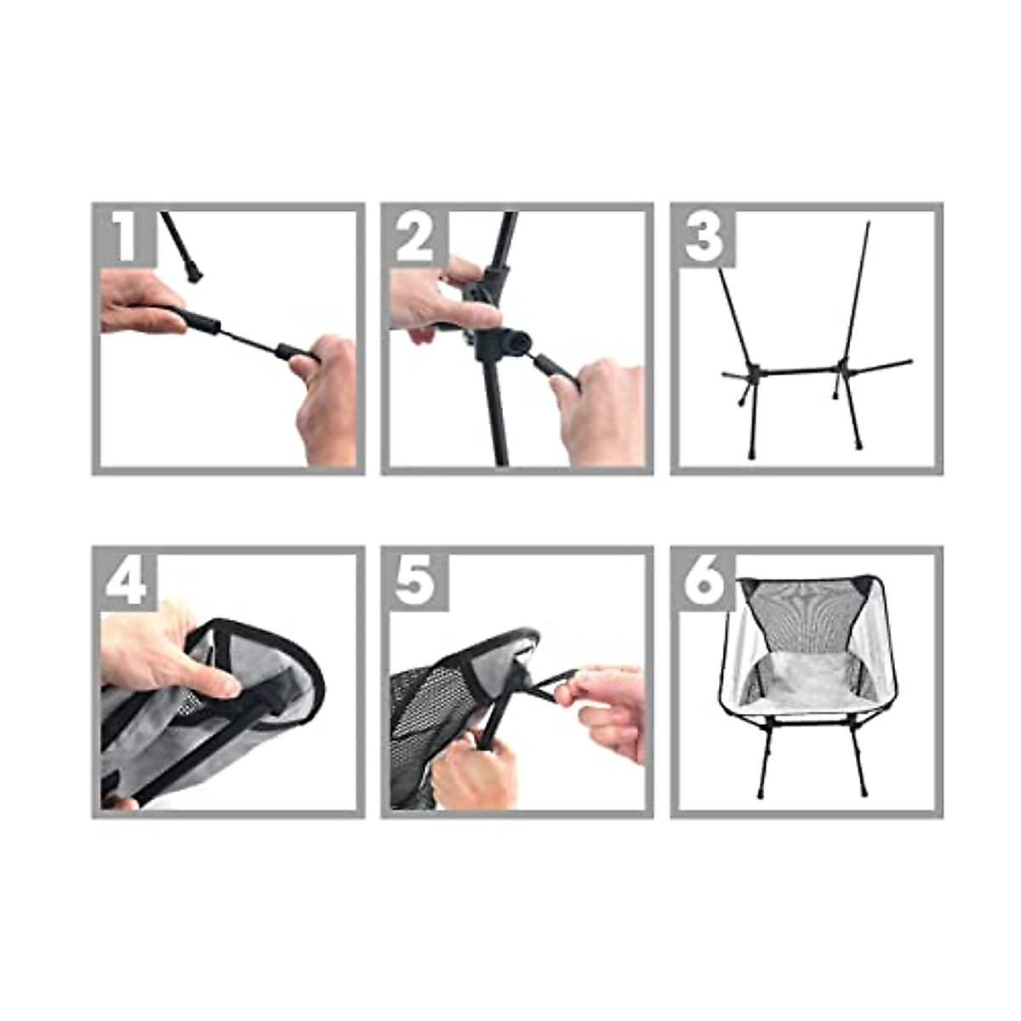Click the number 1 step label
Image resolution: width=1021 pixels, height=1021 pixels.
125,236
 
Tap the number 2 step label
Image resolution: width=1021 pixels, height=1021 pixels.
414,236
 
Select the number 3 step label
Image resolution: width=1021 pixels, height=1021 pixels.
704,236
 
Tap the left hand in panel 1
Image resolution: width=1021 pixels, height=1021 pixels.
136,302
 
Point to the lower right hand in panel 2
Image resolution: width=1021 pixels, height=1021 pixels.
600,408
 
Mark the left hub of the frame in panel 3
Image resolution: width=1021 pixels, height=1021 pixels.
753,372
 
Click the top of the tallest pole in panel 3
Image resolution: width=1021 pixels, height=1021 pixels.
869,225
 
